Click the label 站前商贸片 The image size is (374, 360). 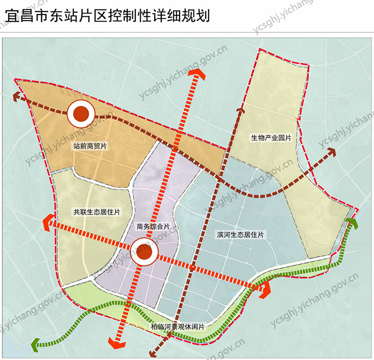point(90,146)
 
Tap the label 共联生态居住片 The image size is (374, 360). point(97,212)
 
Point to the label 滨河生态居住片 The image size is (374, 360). point(241,235)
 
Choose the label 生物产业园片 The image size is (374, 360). point(271,138)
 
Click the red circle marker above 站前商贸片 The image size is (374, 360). point(81,113)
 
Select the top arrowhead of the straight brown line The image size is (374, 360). point(240,110)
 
